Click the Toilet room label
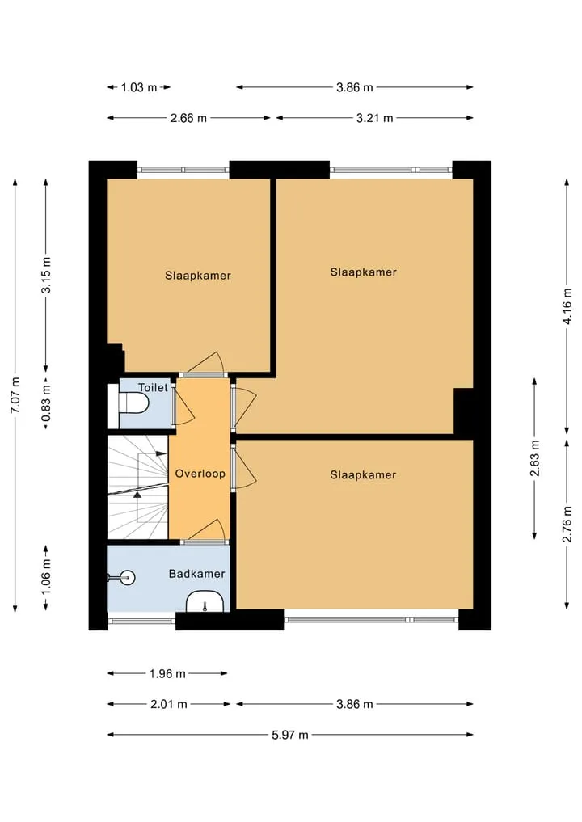(153, 387)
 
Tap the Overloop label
(200, 474)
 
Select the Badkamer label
(196, 574)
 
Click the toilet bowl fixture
(133, 403)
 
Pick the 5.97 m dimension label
(290, 735)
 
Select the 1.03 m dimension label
(139, 87)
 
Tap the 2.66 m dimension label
(188, 118)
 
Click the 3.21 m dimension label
(375, 118)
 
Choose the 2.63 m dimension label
(535, 458)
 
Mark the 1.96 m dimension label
(167, 673)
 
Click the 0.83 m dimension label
(46, 403)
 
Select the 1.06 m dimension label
(46, 577)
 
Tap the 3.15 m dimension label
(46, 275)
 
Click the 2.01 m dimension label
(169, 704)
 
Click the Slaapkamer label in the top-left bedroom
(198, 276)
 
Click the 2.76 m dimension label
(567, 525)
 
